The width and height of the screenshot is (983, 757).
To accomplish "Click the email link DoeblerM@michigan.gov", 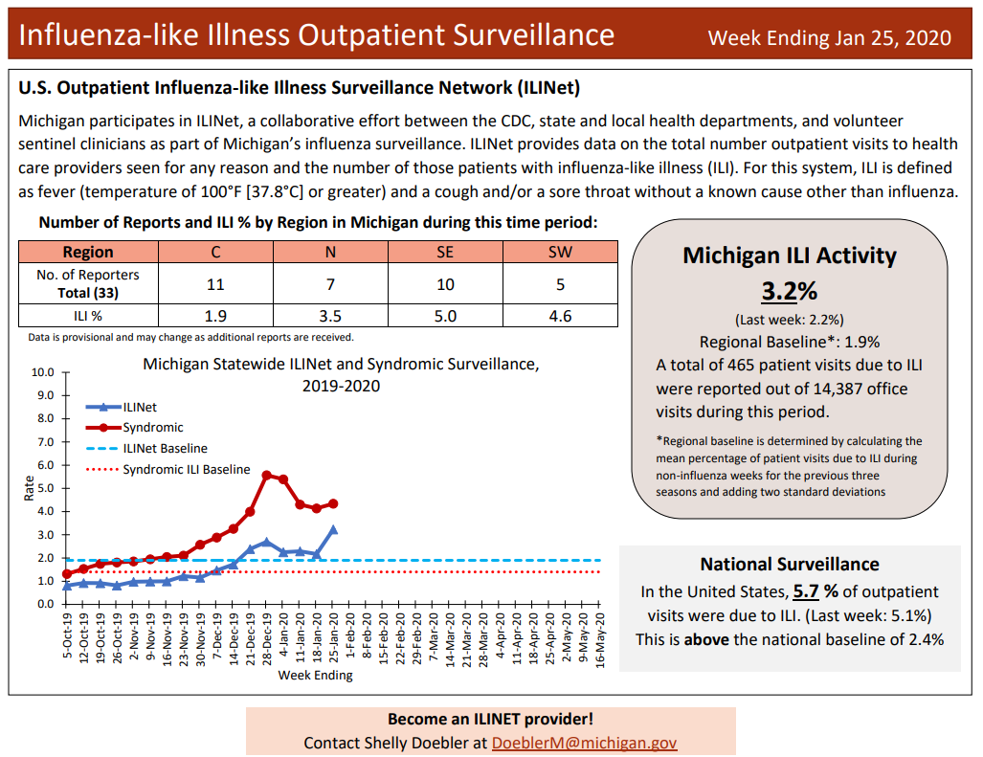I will (584, 743).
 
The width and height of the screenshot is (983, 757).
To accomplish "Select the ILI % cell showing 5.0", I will (445, 316).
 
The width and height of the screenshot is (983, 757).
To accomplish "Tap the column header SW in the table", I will (560, 253).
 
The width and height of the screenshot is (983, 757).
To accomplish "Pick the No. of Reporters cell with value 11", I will (215, 284).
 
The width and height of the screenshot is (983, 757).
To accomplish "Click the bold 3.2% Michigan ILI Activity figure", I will (790, 291).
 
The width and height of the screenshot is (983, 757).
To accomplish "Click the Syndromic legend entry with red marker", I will (152, 428).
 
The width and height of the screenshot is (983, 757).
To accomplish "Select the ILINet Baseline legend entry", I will (165, 448).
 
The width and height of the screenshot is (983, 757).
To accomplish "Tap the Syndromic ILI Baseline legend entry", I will (186, 470).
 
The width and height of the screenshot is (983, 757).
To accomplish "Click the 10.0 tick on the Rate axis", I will (43, 372).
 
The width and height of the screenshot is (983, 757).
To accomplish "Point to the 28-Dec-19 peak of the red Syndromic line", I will (267, 475).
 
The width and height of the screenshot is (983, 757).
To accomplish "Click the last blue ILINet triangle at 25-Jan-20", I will (333, 529).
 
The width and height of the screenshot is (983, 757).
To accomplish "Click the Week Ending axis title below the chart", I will (315, 676).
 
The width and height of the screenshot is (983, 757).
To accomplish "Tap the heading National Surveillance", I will (790, 565).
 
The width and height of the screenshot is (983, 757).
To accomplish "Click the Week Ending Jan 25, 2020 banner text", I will (829, 37).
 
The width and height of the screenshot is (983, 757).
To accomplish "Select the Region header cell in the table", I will (88, 253).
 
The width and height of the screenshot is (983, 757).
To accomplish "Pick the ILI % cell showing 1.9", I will (215, 316).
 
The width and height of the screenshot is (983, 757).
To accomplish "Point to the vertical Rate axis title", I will (28, 488).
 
